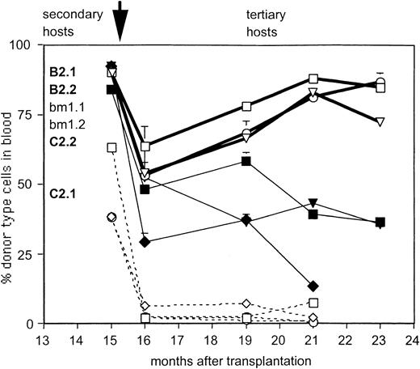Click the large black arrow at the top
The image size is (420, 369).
[x=121, y=23]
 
